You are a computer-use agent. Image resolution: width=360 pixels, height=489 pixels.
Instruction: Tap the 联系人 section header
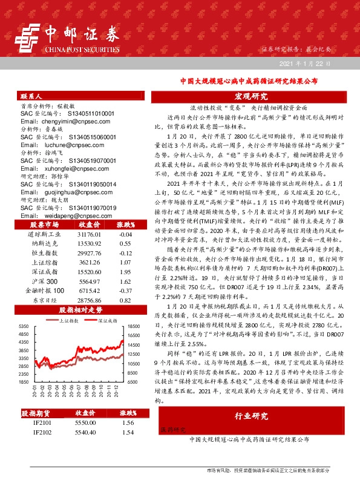(31, 96)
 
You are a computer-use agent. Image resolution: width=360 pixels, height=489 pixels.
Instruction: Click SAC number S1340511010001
(85, 113)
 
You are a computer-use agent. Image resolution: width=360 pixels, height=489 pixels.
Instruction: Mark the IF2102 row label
(42, 433)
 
